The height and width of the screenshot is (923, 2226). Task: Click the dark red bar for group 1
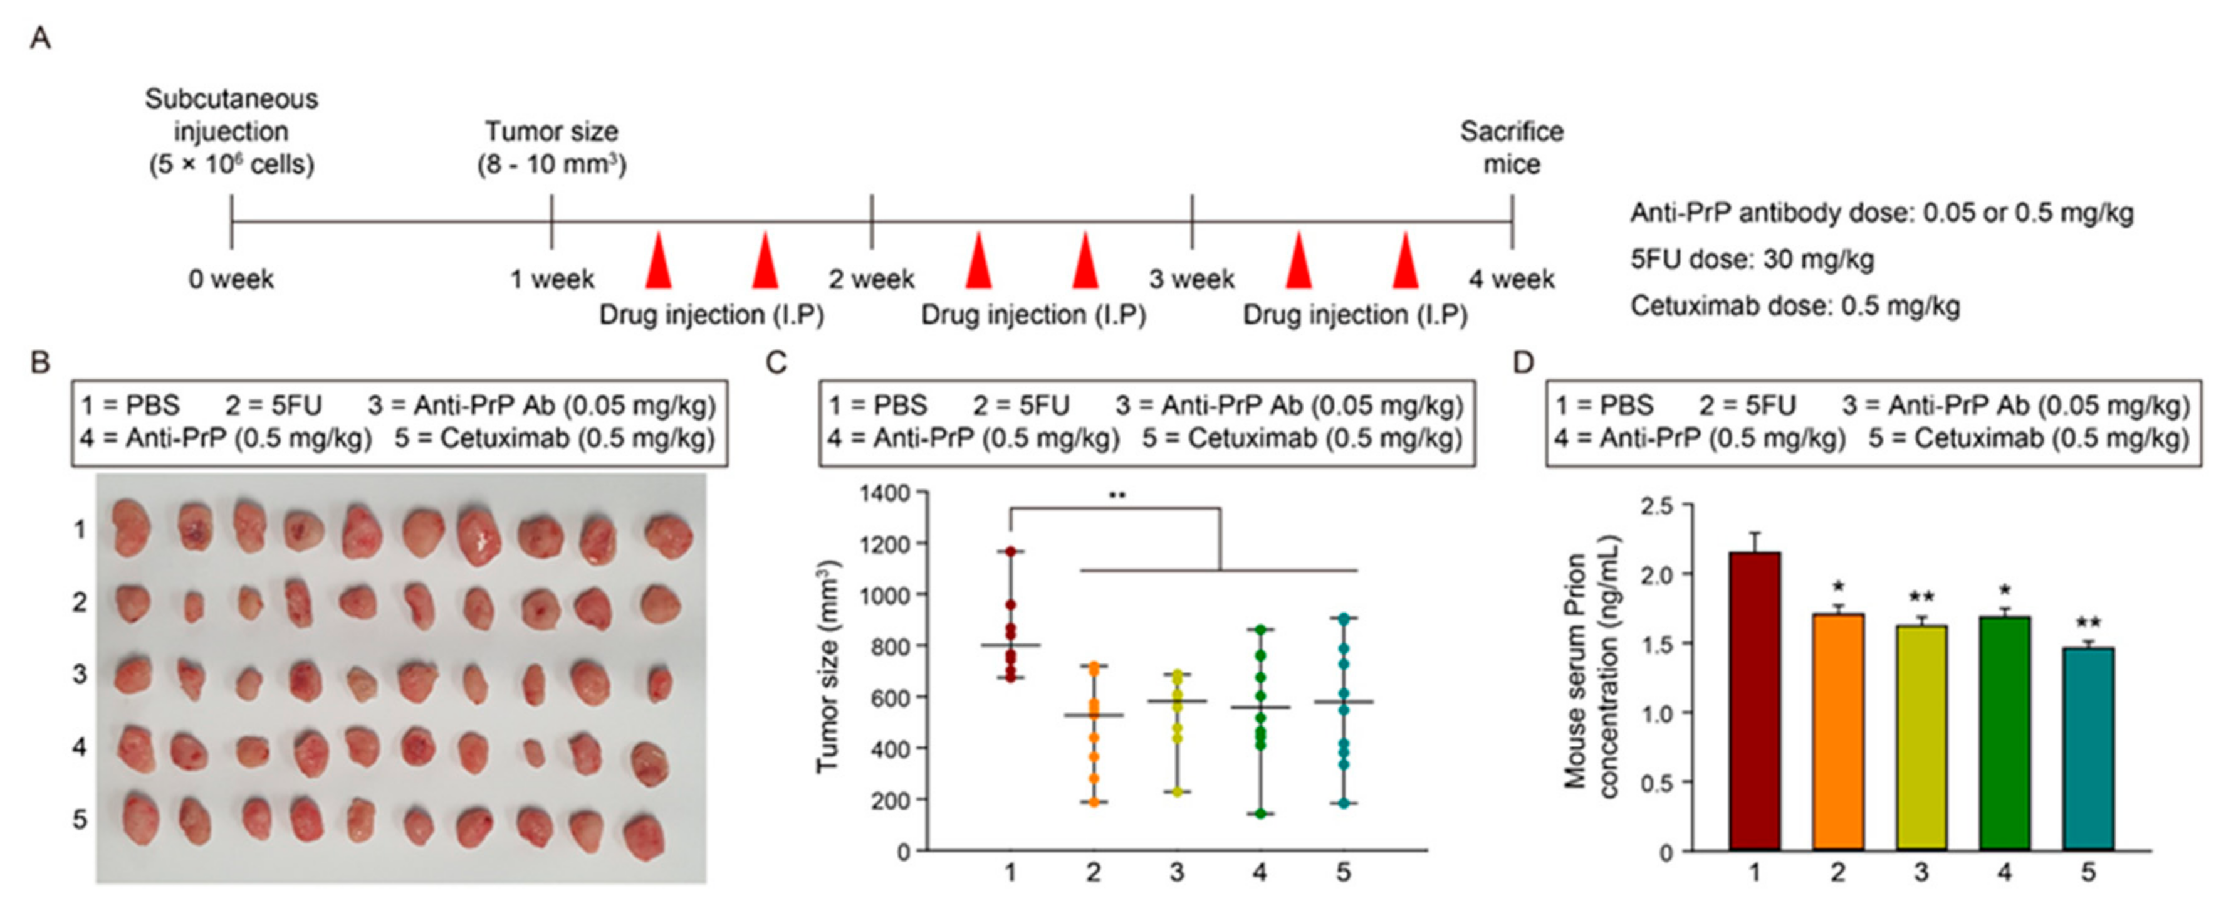(1754, 700)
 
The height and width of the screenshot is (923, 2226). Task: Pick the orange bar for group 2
(1838, 731)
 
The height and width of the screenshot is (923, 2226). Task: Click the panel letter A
(39, 39)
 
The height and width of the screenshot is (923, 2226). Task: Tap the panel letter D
(1523, 362)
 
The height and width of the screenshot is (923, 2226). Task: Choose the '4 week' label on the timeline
(1512, 279)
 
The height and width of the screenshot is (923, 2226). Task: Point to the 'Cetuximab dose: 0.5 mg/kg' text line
(1795, 306)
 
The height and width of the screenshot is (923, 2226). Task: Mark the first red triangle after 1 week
(659, 260)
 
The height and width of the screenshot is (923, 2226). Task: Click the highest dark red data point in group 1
(1010, 551)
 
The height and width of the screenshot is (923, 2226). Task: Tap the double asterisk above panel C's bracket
(1117, 496)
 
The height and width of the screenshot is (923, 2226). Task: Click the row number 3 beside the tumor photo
(80, 673)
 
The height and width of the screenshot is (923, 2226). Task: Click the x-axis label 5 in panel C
(1343, 872)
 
